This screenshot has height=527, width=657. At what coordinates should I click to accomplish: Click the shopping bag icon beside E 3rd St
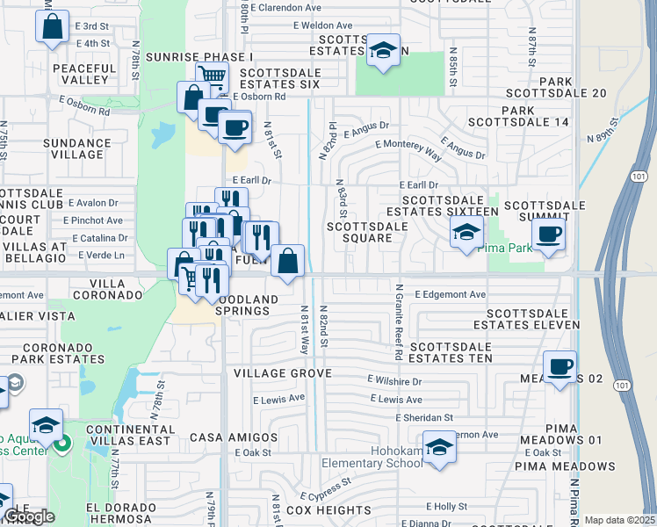click(52, 27)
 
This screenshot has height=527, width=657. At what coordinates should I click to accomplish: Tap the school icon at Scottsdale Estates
click(383, 50)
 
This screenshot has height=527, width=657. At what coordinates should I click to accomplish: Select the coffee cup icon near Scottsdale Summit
click(549, 235)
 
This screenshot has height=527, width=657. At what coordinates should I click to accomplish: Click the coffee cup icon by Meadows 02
click(560, 366)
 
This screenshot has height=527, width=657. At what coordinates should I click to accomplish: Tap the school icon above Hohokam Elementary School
click(439, 447)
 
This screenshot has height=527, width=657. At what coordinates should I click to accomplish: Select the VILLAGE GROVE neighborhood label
click(282, 373)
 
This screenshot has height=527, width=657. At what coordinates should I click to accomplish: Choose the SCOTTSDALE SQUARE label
click(366, 232)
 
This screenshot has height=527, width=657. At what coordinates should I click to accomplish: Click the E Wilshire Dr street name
click(393, 382)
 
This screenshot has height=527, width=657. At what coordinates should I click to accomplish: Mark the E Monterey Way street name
click(408, 148)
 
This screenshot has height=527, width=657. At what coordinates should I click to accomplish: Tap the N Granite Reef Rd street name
click(398, 322)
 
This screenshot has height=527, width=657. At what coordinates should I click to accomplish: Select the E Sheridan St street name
click(424, 418)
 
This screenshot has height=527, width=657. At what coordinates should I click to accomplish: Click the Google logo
click(28, 517)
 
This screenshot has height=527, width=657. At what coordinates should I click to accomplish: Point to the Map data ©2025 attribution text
click(619, 520)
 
